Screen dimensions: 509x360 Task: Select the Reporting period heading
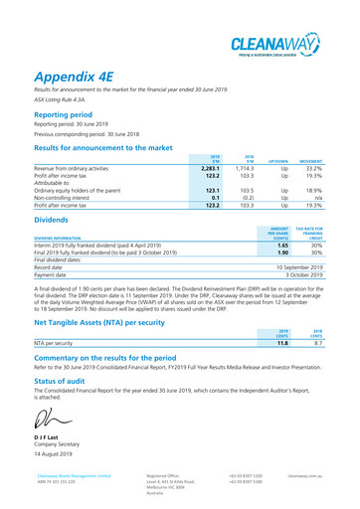pos(70,114)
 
